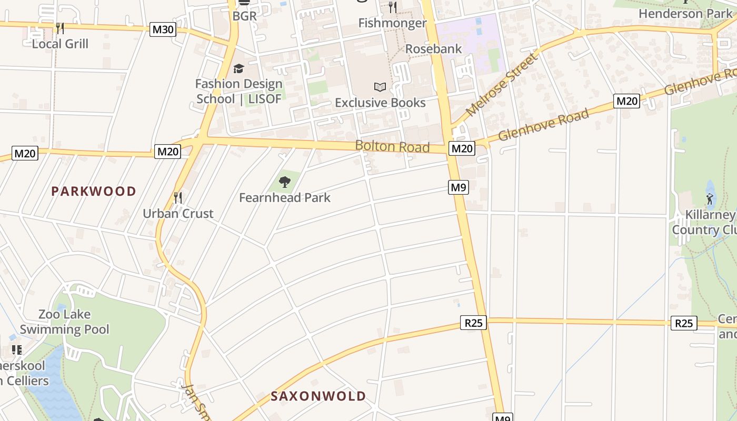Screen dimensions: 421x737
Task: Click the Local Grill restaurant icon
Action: click(60, 28)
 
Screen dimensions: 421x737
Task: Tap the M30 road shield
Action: click(162, 29)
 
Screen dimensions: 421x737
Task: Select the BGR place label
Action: click(245, 16)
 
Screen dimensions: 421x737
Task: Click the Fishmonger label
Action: click(392, 23)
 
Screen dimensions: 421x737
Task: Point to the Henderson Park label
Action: click(685, 14)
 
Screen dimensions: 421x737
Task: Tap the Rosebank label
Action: click(433, 49)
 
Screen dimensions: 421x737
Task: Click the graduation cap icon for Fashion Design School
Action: click(238, 68)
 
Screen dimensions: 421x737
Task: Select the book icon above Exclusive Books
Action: click(380, 87)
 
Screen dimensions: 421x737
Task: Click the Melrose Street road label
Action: click(503, 84)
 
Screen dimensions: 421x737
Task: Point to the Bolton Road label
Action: click(392, 146)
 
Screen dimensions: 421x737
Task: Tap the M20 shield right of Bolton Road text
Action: click(462, 149)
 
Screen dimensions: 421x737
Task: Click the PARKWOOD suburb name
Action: click(94, 192)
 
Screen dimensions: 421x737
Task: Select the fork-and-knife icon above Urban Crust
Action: click(178, 198)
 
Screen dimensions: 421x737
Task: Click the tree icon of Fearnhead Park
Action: click(285, 182)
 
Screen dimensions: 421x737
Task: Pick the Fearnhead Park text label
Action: click(285, 198)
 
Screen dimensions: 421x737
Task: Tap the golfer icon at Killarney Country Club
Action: click(710, 198)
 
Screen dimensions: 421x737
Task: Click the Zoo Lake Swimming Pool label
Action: click(65, 322)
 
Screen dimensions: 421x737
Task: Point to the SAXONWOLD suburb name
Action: click(318, 396)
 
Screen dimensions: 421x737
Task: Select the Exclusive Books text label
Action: click(380, 103)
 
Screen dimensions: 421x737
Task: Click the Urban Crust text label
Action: click(178, 214)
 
